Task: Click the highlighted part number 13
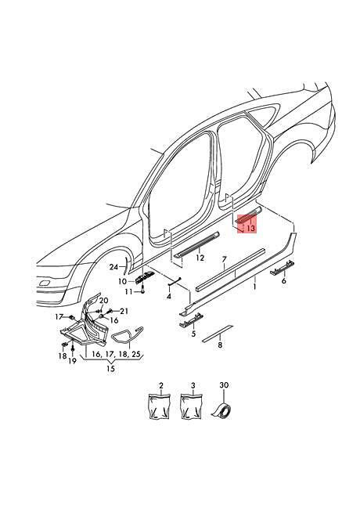[x=250, y=228]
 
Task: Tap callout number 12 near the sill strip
[x=200, y=258]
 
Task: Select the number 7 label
[x=224, y=259]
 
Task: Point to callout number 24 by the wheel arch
[x=113, y=267]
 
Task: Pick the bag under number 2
[x=160, y=406]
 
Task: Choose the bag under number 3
[x=192, y=406]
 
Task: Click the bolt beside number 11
[x=142, y=289]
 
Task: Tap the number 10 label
[x=122, y=281]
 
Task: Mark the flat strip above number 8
[x=218, y=333]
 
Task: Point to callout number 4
[x=168, y=296]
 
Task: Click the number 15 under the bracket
[x=110, y=369]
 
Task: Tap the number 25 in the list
[x=136, y=353]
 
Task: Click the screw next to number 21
[x=110, y=311]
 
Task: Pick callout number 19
[x=72, y=360]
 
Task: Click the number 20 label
[x=104, y=300]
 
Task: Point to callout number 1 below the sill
[x=254, y=287]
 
